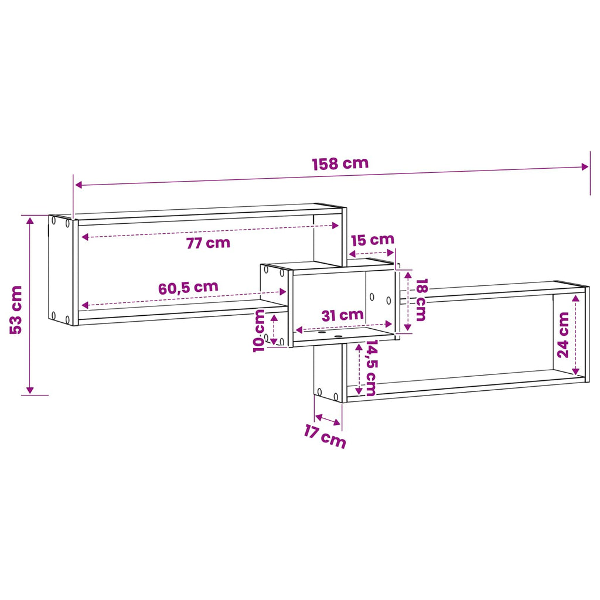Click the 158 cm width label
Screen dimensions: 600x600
(x=340, y=164)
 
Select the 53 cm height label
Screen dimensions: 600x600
(x=16, y=310)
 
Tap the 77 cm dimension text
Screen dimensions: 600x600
(x=208, y=243)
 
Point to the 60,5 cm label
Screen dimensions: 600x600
(x=188, y=288)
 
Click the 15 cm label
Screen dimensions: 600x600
(x=373, y=240)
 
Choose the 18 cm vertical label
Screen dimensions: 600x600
(x=421, y=299)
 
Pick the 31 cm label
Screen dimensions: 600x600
(x=342, y=315)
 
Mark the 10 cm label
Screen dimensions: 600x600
(x=259, y=330)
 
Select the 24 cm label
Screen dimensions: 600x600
(x=563, y=335)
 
